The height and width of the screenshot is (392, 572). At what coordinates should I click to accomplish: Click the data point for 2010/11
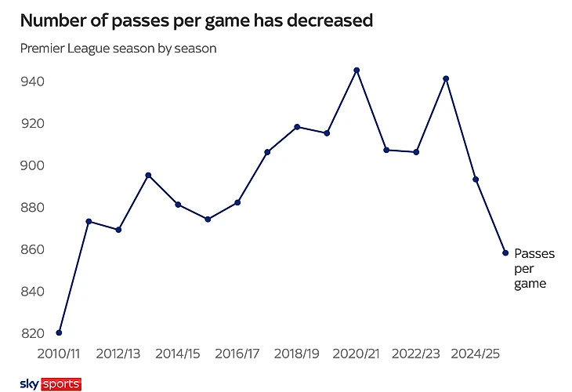[x=59, y=332]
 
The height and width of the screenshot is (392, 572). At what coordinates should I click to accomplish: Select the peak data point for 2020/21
[x=357, y=70]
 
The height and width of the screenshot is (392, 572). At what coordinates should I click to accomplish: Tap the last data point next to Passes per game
[x=505, y=252]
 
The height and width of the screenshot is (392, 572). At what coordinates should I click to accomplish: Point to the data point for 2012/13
[x=118, y=230]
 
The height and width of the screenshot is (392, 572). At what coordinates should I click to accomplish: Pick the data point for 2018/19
[x=297, y=126]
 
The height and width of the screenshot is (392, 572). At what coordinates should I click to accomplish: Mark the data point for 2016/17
[x=237, y=202]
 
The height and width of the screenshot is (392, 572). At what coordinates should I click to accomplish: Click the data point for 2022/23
[x=416, y=152]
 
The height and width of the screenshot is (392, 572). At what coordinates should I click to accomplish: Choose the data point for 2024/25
[x=476, y=180]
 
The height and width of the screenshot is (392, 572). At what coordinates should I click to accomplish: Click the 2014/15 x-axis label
[x=178, y=354]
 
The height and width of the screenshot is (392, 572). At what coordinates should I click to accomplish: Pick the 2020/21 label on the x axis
[x=357, y=354]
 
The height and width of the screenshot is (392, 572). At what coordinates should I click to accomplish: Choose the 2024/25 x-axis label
[x=476, y=354]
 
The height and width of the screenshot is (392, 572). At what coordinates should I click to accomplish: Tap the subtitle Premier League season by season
[x=118, y=49]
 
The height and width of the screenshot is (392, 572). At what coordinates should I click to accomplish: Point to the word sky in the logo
[x=29, y=384]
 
